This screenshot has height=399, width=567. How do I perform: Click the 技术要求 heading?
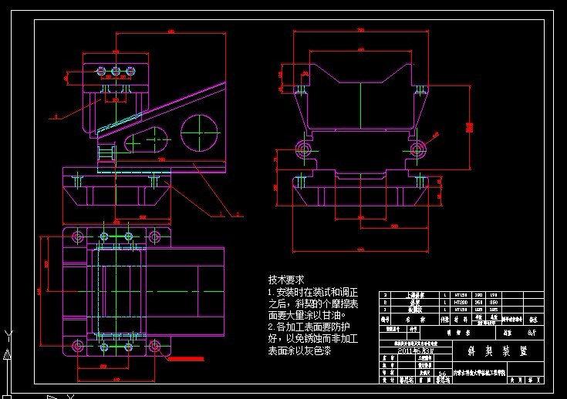pyautogui.click(x=286, y=280)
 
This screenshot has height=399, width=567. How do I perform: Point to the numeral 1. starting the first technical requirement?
pyautogui.click(x=271, y=293)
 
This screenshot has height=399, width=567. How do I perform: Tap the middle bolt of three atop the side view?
pyautogui.click(x=116, y=73)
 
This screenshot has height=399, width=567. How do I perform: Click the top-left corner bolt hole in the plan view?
pyautogui.click(x=76, y=235)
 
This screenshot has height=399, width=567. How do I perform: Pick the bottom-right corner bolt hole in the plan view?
pyautogui.click(x=155, y=345)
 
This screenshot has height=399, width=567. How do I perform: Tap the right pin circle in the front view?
pyautogui.click(x=417, y=147)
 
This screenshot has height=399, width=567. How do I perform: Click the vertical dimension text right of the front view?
pyautogui.click(x=469, y=128)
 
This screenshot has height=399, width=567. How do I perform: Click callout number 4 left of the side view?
pyautogui.click(x=57, y=117)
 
